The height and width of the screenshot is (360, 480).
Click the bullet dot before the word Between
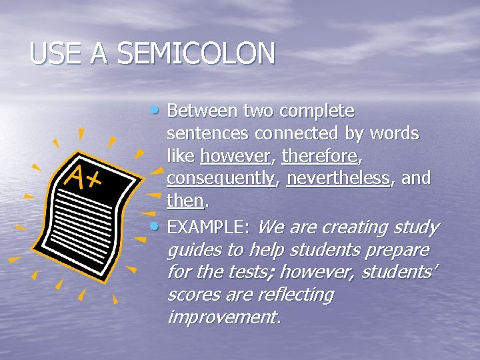point(155,109)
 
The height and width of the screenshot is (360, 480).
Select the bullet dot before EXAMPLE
point(155,226)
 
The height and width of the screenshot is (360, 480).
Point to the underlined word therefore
point(319,157)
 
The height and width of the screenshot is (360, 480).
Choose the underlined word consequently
point(221,179)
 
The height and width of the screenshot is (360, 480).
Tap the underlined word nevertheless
point(338,179)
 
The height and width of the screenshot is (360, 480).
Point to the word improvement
point(223,317)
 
